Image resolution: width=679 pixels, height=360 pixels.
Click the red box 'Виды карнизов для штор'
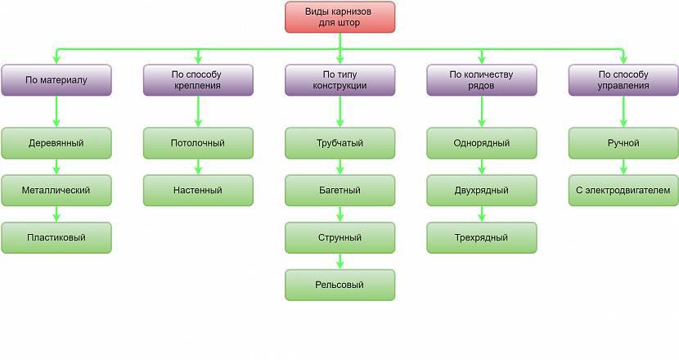pos(339,17)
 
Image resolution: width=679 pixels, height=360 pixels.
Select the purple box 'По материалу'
pos(56,80)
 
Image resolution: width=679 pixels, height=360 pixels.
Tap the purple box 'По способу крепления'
pos(197,80)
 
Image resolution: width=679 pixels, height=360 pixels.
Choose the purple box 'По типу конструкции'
pos(339,80)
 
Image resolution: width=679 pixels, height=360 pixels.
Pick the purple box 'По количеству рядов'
pos(481,80)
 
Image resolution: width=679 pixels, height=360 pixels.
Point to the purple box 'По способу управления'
pos(623,80)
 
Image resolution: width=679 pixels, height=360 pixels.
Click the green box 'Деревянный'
pos(56,143)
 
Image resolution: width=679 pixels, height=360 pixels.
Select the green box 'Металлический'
pos(56,191)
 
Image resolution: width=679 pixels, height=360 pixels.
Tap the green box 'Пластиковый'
pos(56,238)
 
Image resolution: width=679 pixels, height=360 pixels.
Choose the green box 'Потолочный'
pos(197,143)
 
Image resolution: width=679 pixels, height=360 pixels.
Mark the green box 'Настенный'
pos(197,191)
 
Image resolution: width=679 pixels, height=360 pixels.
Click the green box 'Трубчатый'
pos(339,143)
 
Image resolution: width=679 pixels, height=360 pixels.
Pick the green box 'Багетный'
pos(339,191)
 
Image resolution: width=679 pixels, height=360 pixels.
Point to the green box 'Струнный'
pos(339,238)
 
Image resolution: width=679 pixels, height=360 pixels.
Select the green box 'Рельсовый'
pos(339,285)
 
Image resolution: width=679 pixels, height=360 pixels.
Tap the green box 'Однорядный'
pos(481,143)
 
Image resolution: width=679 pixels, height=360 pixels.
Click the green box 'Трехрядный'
pos(481,238)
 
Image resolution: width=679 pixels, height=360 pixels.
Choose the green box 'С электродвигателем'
pos(623,191)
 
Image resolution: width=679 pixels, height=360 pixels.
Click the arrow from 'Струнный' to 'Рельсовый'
pos(339,262)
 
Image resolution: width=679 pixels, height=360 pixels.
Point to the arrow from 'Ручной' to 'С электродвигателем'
pos(623,167)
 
